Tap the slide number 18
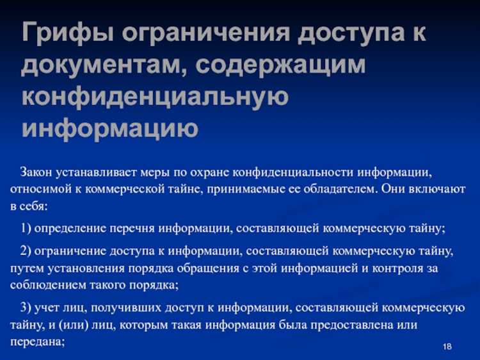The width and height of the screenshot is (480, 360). (x=447, y=347)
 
